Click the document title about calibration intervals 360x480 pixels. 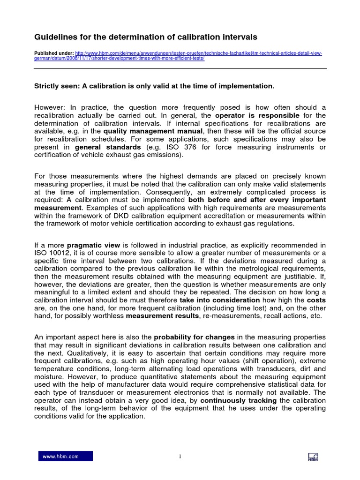pyautogui.click(x=146, y=37)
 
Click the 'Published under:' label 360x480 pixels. pyautogui.click(x=53, y=53)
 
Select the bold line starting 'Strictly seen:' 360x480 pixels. pyautogui.click(x=154, y=86)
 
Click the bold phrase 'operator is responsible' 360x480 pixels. pyautogui.click(x=257, y=115)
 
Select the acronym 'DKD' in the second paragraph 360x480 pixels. pyautogui.click(x=112, y=216)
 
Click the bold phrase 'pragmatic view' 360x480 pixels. pyautogui.click(x=94, y=245)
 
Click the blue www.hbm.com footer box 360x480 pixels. pyautogui.click(x=65, y=456)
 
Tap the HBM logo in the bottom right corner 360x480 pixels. pyautogui.click(x=313, y=457)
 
